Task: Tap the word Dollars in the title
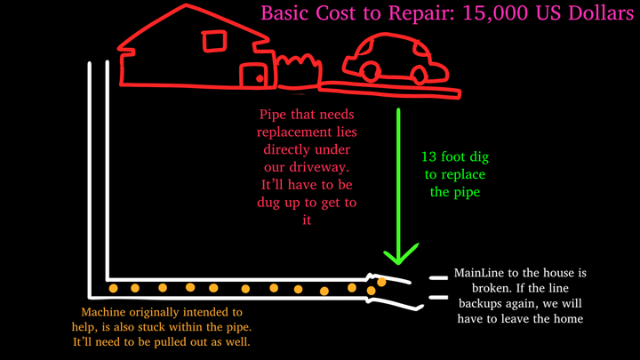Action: (600, 14)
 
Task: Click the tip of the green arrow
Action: (400, 263)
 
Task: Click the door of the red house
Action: (255, 74)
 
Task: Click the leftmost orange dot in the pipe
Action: (113, 288)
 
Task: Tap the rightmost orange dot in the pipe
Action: (381, 282)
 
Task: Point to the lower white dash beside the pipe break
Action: (436, 298)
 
